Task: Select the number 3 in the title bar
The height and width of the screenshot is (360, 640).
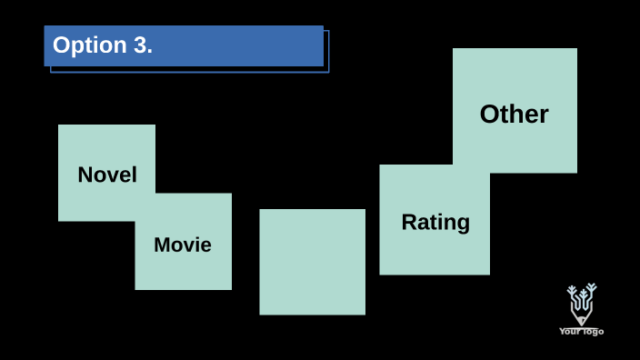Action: click(x=141, y=45)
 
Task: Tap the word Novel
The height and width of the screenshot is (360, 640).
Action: click(x=107, y=175)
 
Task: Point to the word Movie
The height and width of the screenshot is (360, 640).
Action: click(x=183, y=245)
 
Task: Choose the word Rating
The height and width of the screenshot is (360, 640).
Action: click(x=435, y=222)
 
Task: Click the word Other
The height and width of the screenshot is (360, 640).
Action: click(x=514, y=115)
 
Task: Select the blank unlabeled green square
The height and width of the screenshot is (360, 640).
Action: click(x=312, y=262)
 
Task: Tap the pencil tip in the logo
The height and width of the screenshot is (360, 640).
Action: click(x=581, y=321)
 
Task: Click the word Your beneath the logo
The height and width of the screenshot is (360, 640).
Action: click(x=569, y=332)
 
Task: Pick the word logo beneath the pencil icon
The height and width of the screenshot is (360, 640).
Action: click(x=592, y=332)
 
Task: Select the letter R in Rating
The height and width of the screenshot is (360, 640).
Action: click(x=408, y=222)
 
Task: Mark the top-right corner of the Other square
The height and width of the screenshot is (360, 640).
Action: click(x=575, y=50)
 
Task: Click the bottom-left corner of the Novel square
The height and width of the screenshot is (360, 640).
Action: click(x=60, y=219)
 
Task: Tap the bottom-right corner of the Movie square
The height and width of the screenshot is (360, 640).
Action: click(x=230, y=288)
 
